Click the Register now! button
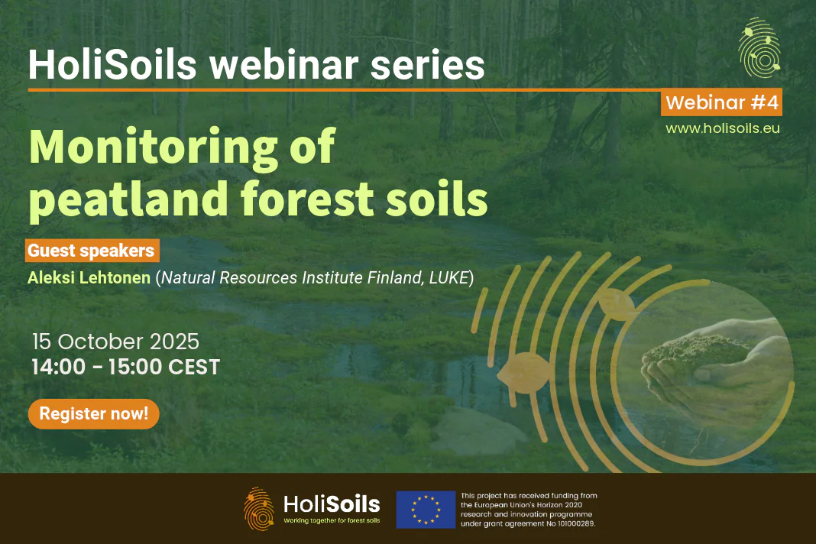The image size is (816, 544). [94, 414]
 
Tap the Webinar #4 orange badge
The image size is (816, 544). [722, 102]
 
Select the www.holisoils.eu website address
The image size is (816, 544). [723, 128]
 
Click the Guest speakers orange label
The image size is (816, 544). [92, 251]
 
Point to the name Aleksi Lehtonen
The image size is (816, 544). [89, 277]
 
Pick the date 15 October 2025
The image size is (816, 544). [115, 342]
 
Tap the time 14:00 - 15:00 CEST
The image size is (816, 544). [126, 367]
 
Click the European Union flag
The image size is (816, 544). [426, 510]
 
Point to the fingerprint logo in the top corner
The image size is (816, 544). [759, 48]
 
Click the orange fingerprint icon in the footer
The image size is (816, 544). [259, 509]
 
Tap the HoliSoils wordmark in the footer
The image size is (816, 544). [332, 504]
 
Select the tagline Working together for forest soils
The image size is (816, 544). [332, 520]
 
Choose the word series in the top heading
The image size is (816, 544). [427, 66]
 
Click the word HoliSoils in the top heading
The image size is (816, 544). [112, 64]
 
